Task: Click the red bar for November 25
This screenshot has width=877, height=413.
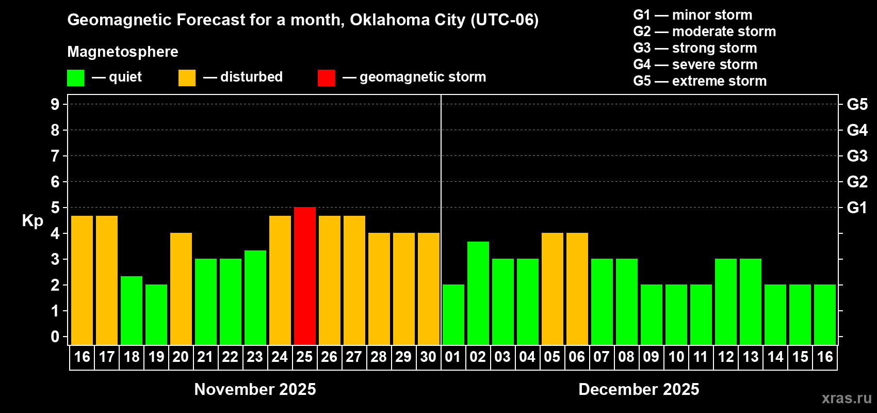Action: coord(305,276)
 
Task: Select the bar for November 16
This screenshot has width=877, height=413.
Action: coord(82,280)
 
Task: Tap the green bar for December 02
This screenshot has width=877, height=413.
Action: coord(478,293)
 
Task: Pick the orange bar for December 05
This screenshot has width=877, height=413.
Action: coord(553,289)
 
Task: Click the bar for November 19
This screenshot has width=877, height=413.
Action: coord(156,314)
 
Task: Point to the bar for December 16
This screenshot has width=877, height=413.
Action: coord(825,314)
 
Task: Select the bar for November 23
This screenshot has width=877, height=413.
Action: coord(255,297)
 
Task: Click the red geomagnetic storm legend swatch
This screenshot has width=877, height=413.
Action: coord(326,78)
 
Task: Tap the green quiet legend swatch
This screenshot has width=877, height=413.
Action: coord(76,78)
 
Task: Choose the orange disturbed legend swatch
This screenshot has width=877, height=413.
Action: coord(187,78)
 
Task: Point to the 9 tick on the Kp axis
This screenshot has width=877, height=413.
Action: coord(55,104)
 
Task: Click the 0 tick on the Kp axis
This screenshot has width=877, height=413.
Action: coord(55,337)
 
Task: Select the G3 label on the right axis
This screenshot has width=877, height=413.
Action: coord(857,156)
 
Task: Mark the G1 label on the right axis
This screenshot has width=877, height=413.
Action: coord(857,208)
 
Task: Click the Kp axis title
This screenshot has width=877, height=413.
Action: coord(33,221)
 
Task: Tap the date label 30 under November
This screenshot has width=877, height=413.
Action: coord(429,357)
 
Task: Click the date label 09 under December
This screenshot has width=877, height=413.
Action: coord(651,357)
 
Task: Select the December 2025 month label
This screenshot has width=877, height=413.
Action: coord(639,389)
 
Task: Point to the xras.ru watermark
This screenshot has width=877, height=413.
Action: coord(847,398)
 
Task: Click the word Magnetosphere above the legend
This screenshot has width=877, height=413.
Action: coord(123,52)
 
